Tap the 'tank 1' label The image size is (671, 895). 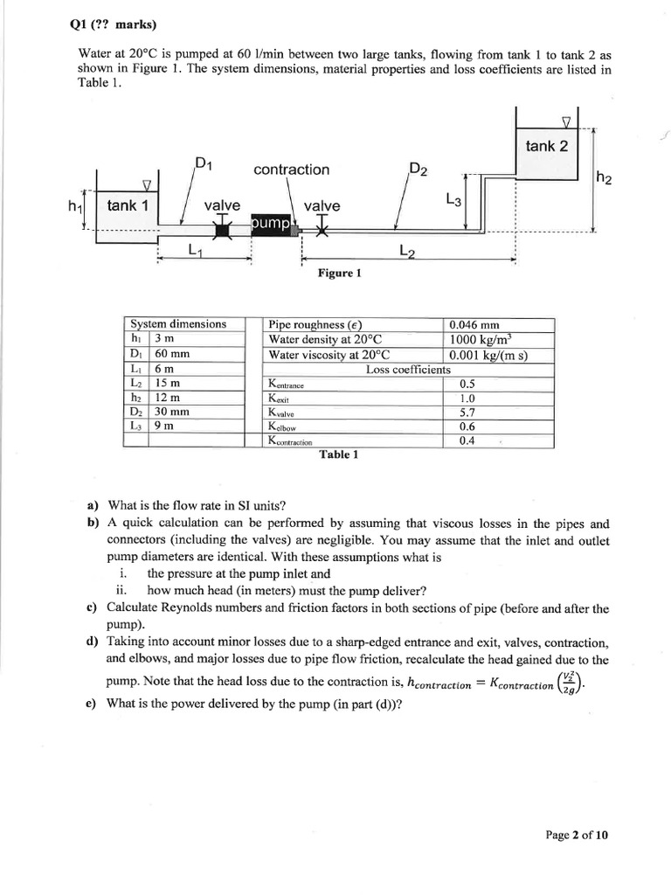128,205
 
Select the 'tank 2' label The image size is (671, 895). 546,146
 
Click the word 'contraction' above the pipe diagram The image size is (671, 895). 291,170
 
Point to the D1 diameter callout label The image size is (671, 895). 204,163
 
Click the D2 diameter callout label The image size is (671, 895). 418,169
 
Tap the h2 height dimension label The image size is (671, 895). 604,178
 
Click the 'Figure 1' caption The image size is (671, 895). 340,274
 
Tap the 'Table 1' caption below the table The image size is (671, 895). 338,454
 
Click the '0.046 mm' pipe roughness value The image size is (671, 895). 474,325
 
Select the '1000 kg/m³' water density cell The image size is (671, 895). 483,340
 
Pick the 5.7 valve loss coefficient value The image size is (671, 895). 468,412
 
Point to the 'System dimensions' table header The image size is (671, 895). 177,323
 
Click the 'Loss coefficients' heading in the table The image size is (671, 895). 408,370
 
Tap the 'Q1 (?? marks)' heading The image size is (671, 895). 107,24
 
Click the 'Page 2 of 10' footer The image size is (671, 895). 577,834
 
